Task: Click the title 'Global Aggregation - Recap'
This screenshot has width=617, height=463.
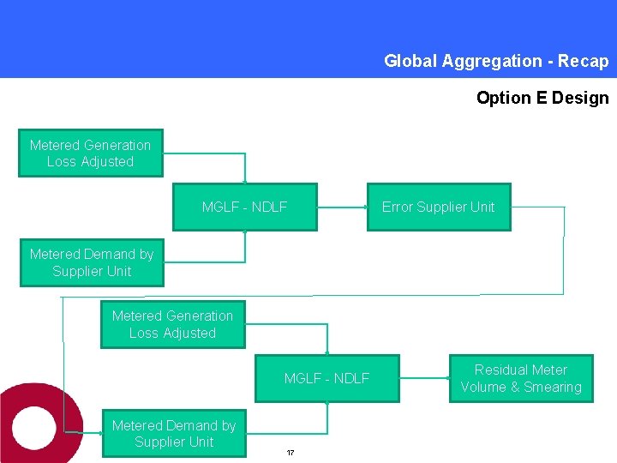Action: [495, 61]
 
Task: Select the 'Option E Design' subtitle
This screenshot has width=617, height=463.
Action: [542, 98]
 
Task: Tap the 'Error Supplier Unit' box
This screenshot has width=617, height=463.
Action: [438, 207]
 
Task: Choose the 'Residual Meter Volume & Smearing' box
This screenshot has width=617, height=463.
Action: [521, 378]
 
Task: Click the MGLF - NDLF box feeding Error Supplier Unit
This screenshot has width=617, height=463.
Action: [244, 207]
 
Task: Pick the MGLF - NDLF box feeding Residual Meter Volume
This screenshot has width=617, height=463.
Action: [326, 378]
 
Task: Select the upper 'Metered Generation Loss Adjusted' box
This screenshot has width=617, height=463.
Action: [90, 153]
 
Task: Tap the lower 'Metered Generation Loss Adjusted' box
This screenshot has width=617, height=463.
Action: [172, 324]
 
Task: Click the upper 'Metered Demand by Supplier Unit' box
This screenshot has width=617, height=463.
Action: [92, 262]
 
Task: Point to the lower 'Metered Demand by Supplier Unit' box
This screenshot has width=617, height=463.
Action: [174, 434]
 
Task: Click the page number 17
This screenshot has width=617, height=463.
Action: [291, 453]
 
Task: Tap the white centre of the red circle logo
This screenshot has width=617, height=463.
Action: [34, 426]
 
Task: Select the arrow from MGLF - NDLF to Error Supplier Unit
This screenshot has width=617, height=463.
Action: [342, 207]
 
